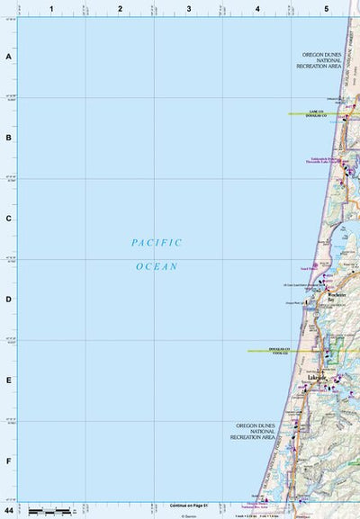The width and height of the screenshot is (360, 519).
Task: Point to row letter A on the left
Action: click(9, 57)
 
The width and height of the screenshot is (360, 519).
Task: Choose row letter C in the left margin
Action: click(9, 219)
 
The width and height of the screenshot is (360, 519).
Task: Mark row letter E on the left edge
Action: click(9, 380)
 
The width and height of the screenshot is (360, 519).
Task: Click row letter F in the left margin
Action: click(9, 461)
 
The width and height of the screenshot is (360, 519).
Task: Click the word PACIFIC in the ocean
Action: click(157, 243)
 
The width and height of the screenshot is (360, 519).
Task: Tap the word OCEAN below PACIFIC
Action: click(157, 266)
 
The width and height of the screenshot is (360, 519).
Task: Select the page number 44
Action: click(8, 510)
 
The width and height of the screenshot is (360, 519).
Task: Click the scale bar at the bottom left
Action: click(50, 511)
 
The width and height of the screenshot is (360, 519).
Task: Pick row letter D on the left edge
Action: click(9, 300)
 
